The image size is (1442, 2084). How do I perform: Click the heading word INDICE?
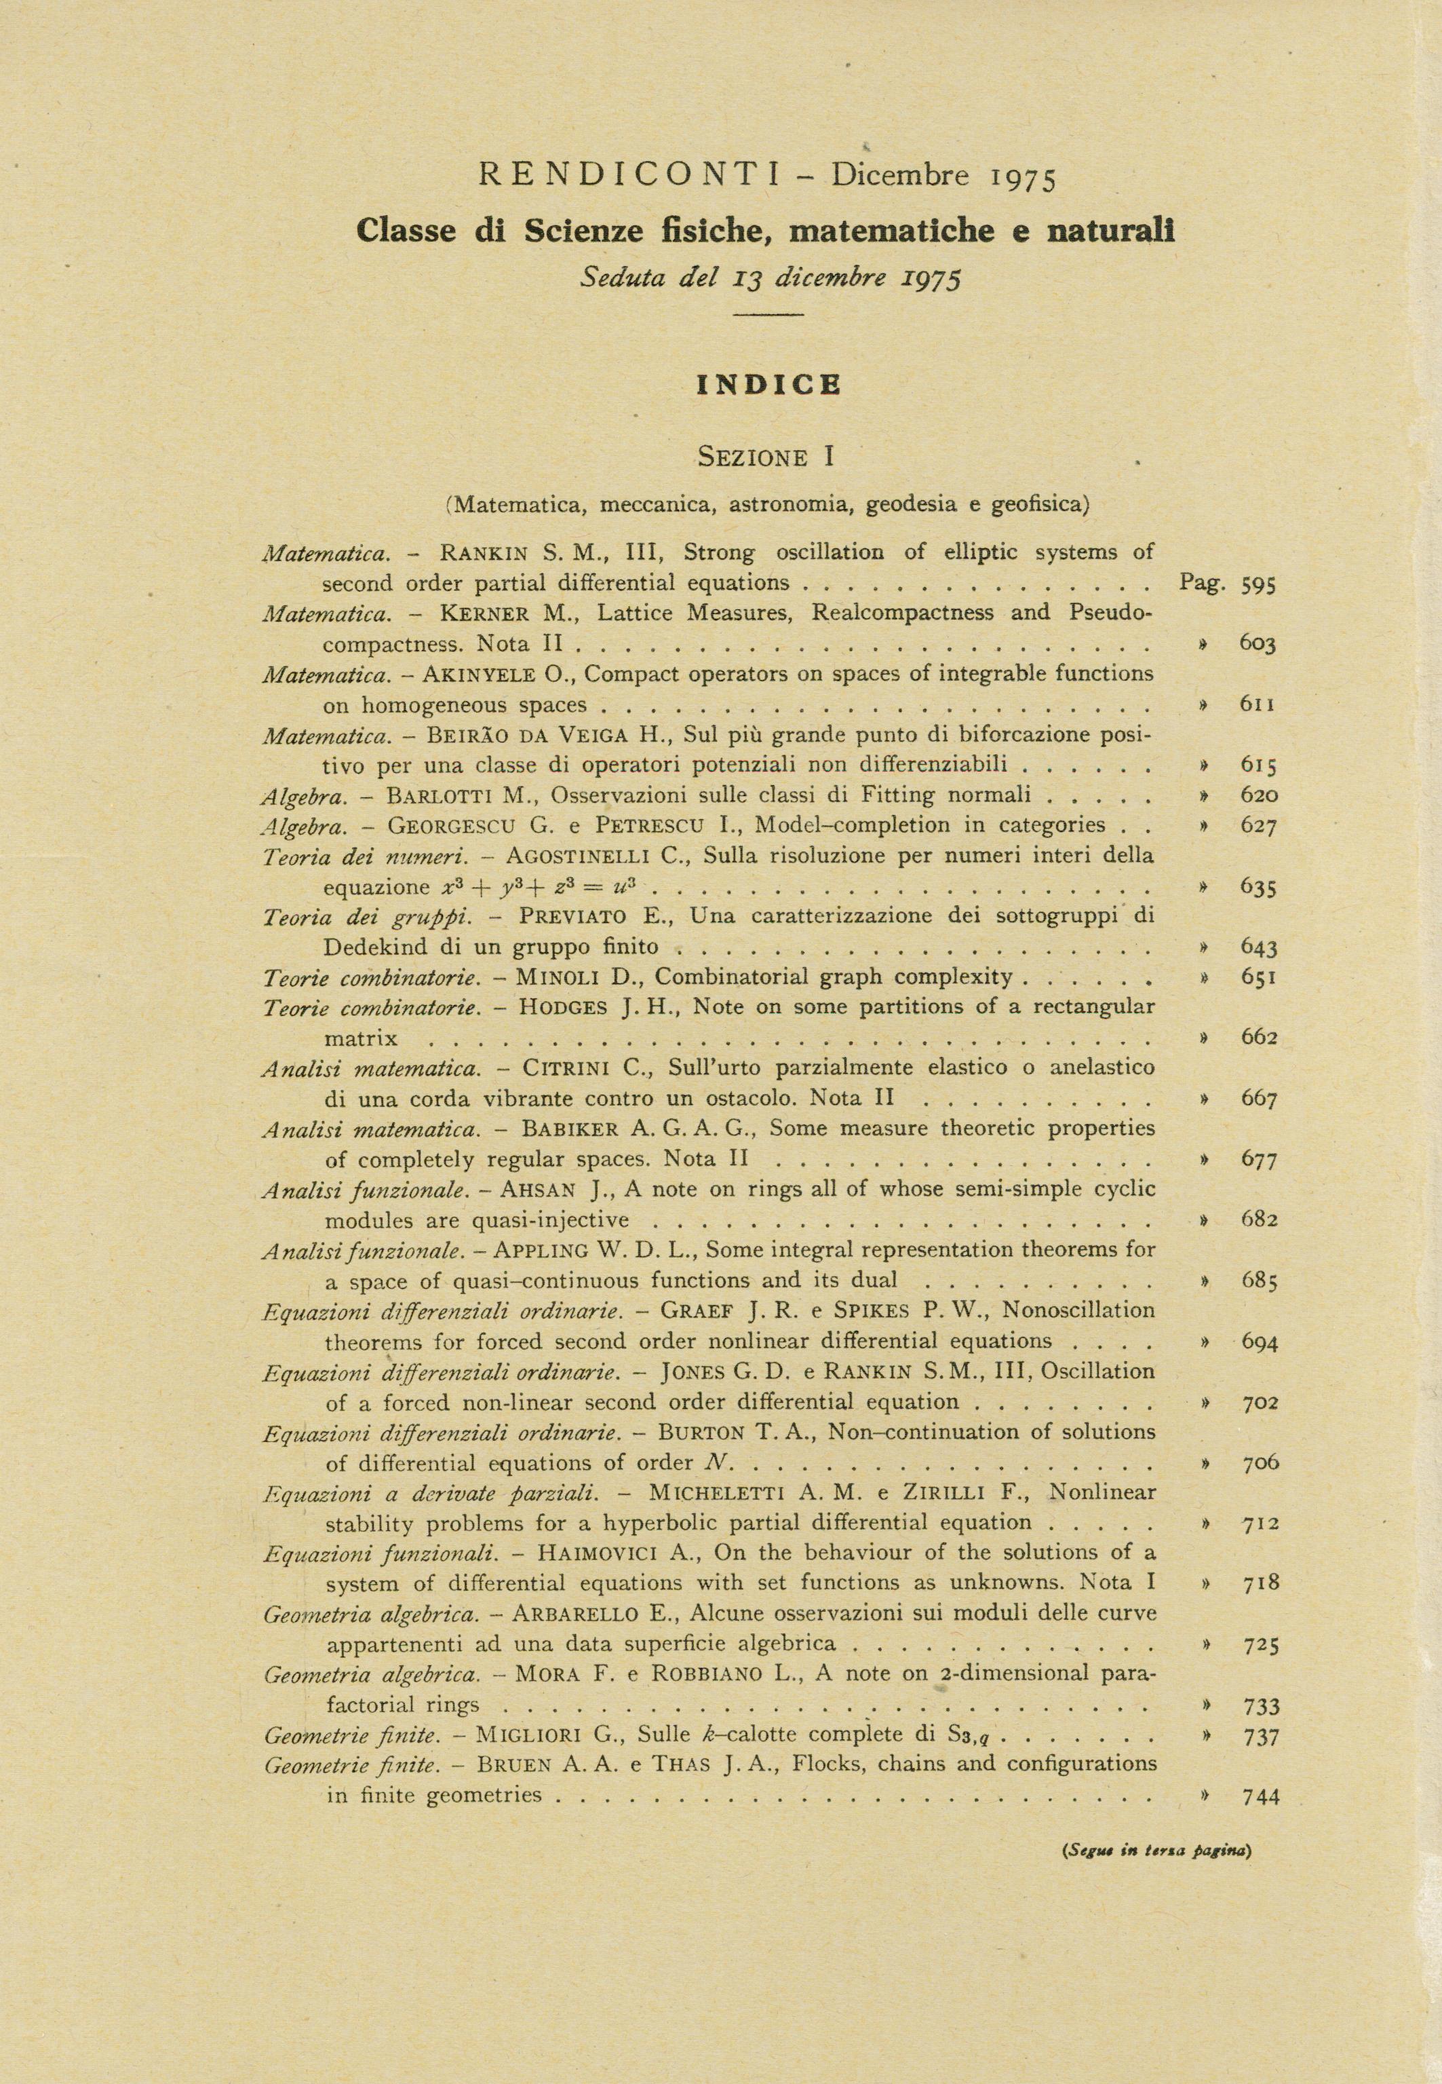click(769, 385)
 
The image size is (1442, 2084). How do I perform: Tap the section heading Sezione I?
click(765, 457)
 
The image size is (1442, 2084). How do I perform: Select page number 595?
click(1258, 585)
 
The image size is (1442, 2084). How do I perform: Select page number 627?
click(1258, 826)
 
